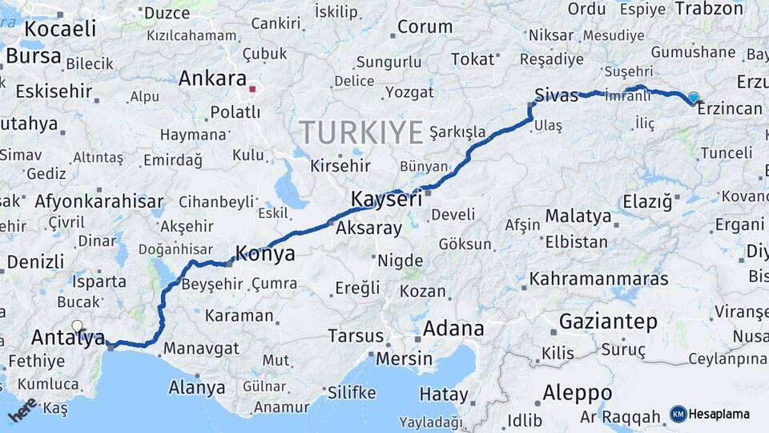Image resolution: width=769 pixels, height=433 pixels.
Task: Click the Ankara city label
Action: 211,79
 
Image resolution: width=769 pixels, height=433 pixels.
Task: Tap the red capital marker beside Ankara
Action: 252,89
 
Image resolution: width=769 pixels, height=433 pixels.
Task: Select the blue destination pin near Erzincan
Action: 693,98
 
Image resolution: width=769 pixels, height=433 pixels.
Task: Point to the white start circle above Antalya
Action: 77,326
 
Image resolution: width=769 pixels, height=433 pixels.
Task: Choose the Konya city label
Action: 264,254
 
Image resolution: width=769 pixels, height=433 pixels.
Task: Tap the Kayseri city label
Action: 386,199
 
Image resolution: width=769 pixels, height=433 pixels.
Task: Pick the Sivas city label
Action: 557,96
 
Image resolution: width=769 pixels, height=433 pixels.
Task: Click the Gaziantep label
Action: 608,322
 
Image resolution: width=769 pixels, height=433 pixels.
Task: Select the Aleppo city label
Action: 577,393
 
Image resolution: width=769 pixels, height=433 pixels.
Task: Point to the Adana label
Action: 453,329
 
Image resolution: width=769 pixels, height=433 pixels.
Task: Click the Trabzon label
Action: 710,9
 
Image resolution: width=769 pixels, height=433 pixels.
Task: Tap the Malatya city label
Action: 578,216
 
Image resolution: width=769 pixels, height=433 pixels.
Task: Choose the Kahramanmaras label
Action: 599,279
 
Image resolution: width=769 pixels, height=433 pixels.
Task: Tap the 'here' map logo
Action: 22,410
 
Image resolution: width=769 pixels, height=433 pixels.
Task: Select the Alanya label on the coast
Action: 196,388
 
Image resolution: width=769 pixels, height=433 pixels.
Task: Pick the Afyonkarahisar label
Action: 99,201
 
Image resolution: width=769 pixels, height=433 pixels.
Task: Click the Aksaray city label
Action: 368,229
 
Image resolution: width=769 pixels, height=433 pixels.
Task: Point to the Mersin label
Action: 405,358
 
